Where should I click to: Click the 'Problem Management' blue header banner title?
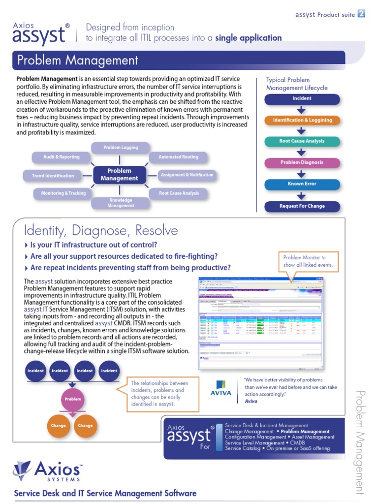(78, 61)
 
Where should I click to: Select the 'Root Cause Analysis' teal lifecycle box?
(302, 141)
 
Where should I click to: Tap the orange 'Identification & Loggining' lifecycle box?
(302, 120)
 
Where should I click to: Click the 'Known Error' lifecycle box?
(302, 184)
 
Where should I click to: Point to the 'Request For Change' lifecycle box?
(302, 206)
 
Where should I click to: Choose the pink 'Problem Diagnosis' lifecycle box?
(302, 162)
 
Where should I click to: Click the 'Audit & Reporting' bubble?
(62, 157)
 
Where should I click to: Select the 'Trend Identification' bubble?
(53, 176)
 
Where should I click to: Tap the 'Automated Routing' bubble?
(178, 157)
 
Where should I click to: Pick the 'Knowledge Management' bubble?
(121, 203)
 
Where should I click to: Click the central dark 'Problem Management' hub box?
(120, 175)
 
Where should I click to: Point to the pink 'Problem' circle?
(73, 399)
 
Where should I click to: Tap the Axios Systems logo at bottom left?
(49, 473)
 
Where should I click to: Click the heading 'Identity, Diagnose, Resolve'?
(101, 230)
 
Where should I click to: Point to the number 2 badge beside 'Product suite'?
(361, 14)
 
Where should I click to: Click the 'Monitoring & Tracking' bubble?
(63, 193)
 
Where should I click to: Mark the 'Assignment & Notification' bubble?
(187, 175)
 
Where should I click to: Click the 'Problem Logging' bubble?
(121, 148)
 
